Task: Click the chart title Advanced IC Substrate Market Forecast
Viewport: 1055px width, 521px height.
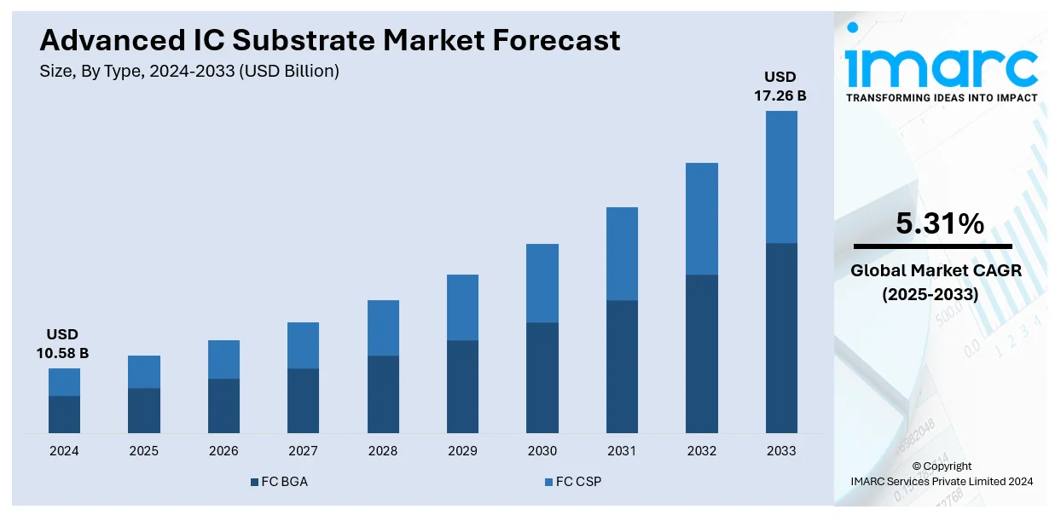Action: click(x=330, y=40)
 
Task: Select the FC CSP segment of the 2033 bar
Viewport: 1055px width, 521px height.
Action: click(x=781, y=177)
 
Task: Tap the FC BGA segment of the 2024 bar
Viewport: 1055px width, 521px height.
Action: click(x=64, y=414)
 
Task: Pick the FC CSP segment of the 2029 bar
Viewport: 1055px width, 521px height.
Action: click(x=462, y=307)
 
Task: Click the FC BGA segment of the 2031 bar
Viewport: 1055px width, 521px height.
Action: click(x=622, y=367)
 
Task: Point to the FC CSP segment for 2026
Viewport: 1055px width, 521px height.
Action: click(x=223, y=359)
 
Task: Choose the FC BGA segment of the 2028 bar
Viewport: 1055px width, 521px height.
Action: click(x=383, y=394)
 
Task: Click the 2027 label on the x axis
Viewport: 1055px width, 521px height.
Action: click(x=303, y=451)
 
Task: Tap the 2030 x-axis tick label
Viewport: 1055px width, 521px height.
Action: click(x=542, y=451)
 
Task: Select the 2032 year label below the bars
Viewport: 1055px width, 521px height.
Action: click(x=701, y=451)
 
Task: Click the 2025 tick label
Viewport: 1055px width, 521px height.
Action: click(x=143, y=451)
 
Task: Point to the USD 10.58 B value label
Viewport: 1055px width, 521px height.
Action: click(x=62, y=343)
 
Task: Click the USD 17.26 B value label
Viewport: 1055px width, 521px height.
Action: click(x=780, y=86)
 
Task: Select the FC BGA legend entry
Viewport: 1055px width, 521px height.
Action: click(x=279, y=482)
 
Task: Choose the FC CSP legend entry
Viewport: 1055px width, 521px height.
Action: click(x=572, y=482)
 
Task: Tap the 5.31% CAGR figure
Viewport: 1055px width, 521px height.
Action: click(x=940, y=224)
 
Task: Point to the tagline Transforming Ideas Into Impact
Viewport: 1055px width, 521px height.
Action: click(x=942, y=98)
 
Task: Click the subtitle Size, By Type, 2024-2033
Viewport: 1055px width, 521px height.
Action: click(x=189, y=72)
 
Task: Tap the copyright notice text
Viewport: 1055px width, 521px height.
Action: click(x=942, y=474)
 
